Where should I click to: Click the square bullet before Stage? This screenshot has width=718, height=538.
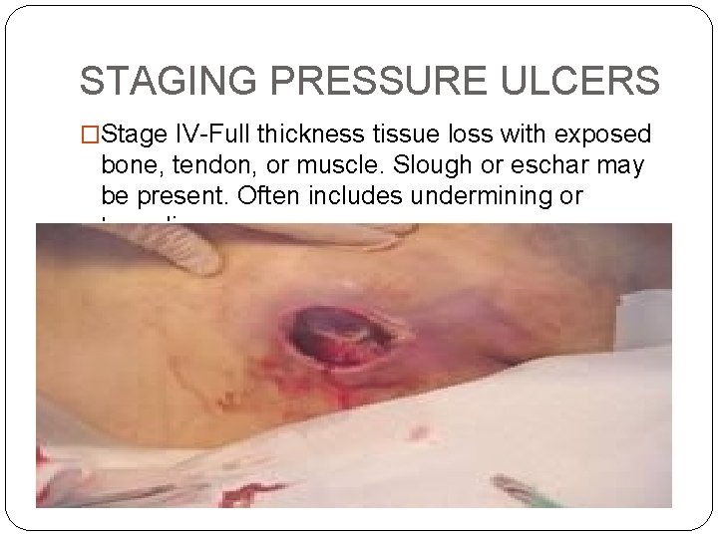pos(90,134)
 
